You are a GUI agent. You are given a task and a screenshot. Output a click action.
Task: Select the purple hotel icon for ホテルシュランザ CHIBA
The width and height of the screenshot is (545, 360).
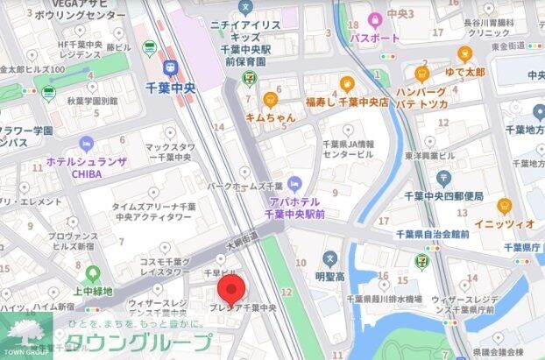86,144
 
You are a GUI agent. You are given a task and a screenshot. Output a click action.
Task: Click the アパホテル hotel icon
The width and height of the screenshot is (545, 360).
294,183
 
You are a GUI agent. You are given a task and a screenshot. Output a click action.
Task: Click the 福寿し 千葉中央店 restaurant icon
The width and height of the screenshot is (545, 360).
346,84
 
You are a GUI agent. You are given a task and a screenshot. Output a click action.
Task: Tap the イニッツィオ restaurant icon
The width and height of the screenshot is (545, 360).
504,207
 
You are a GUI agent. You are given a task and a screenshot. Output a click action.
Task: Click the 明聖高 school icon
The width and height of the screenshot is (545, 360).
329,258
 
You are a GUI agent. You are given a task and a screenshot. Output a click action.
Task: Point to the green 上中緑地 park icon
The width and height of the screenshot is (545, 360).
93,276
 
